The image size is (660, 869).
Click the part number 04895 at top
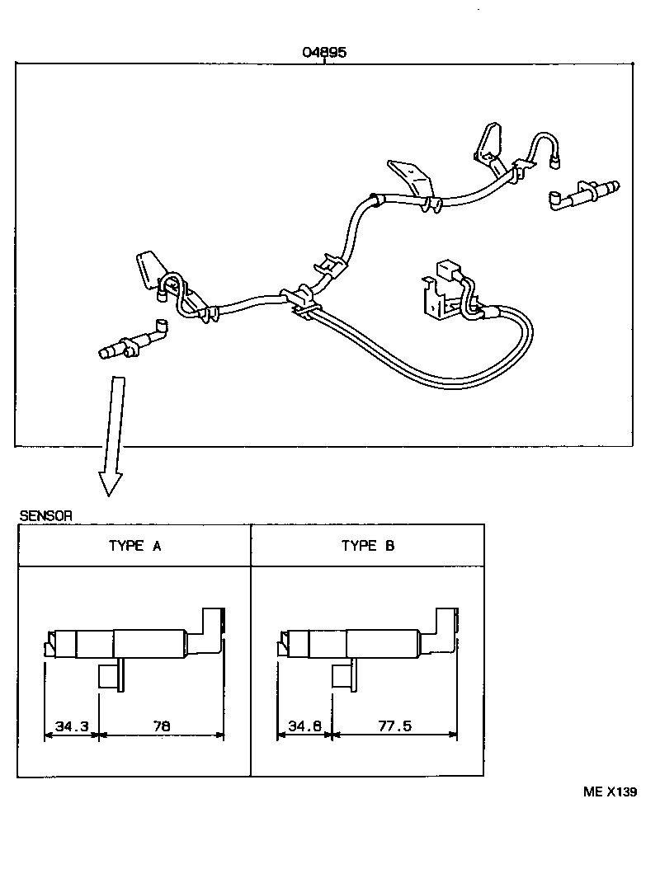pyautogui.click(x=324, y=52)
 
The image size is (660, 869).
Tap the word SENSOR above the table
pyautogui.click(x=45, y=515)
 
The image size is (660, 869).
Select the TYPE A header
pyautogui.click(x=134, y=546)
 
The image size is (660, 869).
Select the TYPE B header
pyautogui.click(x=367, y=546)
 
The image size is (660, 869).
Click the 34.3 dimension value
pyautogui.click(x=71, y=726)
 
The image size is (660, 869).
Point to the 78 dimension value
pyautogui.click(x=161, y=726)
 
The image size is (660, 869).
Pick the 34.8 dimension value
pyautogui.click(x=304, y=726)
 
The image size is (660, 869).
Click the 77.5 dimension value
pyautogui.click(x=394, y=726)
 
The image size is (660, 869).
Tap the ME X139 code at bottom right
pyautogui.click(x=610, y=791)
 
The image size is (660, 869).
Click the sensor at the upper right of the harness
pyautogui.click(x=582, y=194)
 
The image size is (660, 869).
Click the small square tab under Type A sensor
pyautogui.click(x=110, y=676)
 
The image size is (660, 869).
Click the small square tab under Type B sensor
pyautogui.click(x=343, y=676)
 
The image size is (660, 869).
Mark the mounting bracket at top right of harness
pyautogui.click(x=490, y=144)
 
